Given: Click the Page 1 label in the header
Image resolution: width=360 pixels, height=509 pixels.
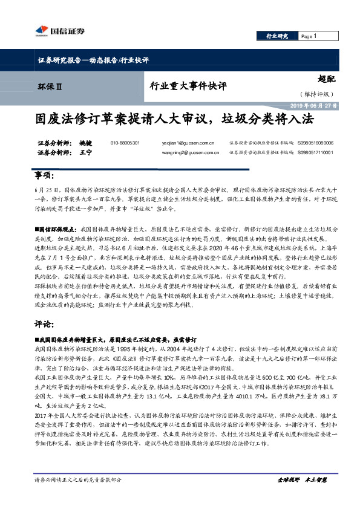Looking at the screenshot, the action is point(312,36).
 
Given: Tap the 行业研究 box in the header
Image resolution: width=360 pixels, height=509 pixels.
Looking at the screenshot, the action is point(278,36).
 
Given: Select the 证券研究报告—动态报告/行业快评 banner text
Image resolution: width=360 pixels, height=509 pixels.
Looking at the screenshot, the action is point(89,60).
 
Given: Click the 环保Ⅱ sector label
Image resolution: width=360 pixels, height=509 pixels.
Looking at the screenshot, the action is point(50,86).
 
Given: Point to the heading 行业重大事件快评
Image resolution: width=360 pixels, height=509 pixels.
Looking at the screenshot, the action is point(188,86).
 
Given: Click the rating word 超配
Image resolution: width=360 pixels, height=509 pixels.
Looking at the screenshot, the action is point(326,78).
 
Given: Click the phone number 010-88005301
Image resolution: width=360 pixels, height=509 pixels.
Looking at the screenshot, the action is point(125,143).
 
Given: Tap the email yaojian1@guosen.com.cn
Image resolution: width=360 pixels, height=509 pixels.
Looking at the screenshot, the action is point(188,143).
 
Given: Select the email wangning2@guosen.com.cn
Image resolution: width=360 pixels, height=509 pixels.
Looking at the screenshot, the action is point(192,154).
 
